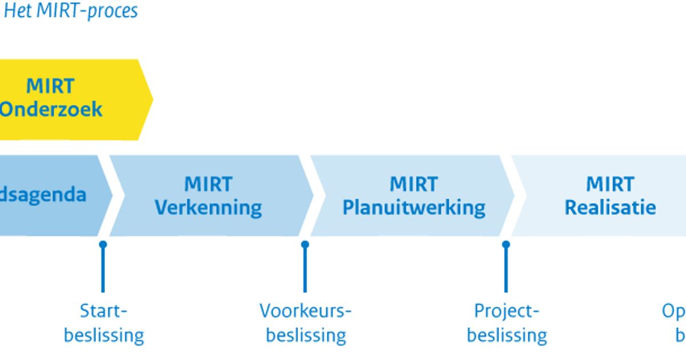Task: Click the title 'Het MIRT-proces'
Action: (x=71, y=11)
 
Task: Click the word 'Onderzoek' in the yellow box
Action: (x=51, y=109)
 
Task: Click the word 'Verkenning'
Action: (x=209, y=207)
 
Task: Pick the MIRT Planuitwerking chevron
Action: (x=413, y=195)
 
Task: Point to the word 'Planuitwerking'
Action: (x=414, y=207)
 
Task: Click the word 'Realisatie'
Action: (x=610, y=207)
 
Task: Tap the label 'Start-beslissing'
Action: (x=103, y=323)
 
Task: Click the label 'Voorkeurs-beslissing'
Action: (x=306, y=323)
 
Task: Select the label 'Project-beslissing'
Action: (x=506, y=323)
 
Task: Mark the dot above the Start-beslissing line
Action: (x=103, y=245)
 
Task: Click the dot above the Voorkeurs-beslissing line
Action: (x=305, y=245)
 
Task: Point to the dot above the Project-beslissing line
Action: (x=506, y=245)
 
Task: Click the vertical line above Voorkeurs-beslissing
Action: (x=305, y=271)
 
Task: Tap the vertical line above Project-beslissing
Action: (x=506, y=271)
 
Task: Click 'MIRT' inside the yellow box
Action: (x=50, y=86)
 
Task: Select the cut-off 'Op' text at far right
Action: (x=673, y=311)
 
